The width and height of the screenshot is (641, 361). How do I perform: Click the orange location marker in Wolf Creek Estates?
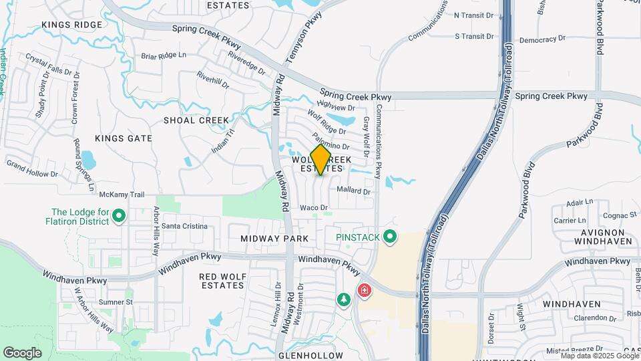coord(320,160)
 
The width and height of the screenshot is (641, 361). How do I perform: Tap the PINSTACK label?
coord(357,237)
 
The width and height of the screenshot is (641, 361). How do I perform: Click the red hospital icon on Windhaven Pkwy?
coord(364,290)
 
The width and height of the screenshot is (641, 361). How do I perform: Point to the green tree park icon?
coord(344,301)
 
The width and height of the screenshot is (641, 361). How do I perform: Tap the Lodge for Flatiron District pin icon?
coord(119,215)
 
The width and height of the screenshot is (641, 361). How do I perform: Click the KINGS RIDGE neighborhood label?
coord(72,25)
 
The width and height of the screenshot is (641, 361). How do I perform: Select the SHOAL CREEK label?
coord(196,120)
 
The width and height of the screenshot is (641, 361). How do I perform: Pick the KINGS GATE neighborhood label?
coord(124,138)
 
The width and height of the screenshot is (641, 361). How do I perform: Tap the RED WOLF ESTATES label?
coord(222,280)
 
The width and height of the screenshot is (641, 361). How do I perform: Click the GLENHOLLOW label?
coord(310,356)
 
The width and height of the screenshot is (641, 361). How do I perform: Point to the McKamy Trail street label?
coord(122,195)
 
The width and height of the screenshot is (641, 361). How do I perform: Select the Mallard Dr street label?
coord(354,191)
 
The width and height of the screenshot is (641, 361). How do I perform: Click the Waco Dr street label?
coord(314,208)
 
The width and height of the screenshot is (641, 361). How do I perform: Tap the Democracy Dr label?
coord(543,40)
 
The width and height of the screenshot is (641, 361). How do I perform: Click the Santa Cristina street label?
coord(185,227)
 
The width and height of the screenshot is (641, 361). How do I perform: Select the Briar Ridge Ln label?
coord(164,55)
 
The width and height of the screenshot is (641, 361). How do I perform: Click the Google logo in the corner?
coord(22,352)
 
